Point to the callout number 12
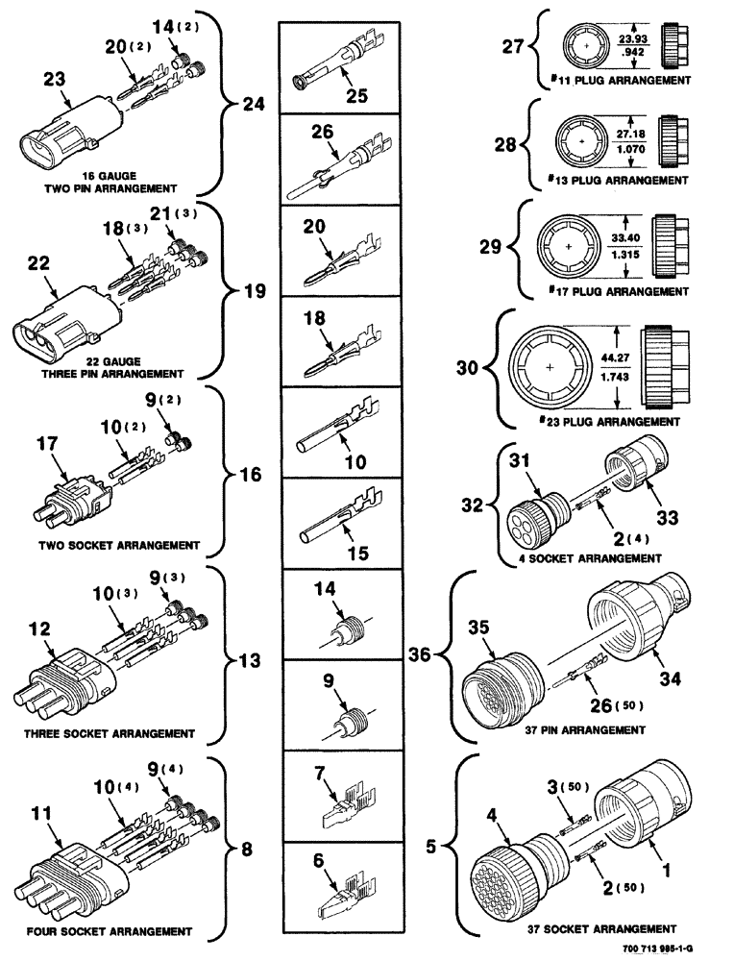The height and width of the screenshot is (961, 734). tap(40, 629)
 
